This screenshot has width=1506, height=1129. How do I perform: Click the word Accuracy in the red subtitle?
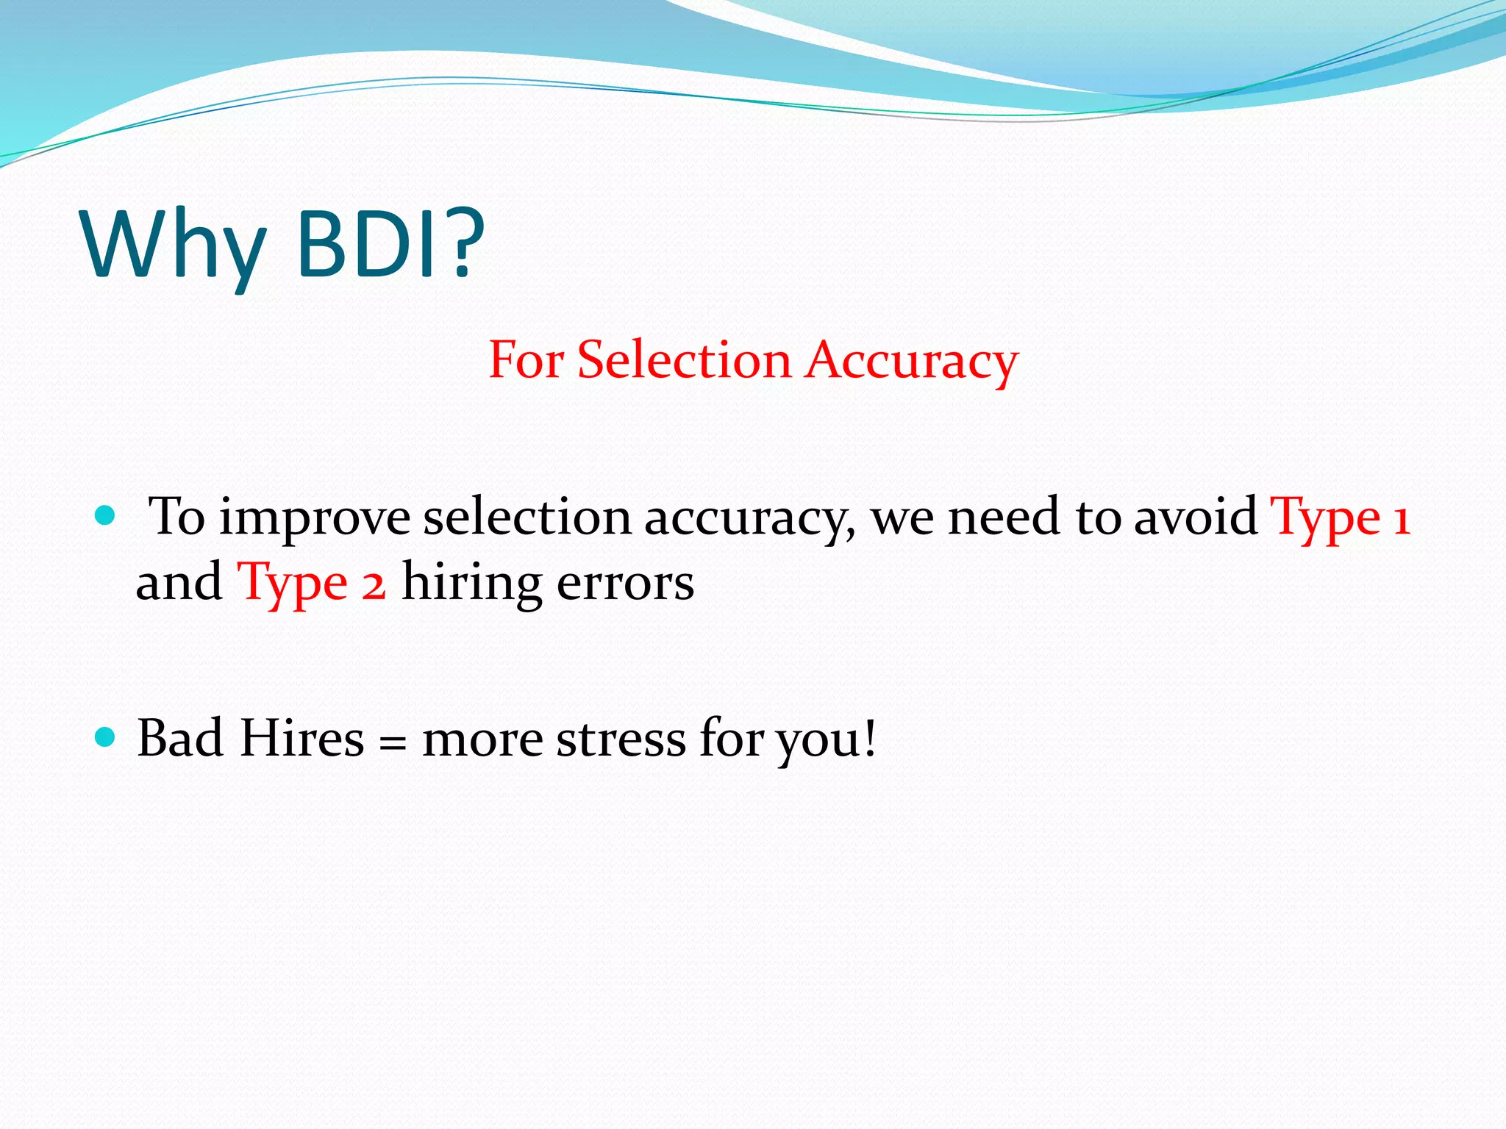912,362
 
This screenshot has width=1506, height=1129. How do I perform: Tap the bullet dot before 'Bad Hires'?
106,736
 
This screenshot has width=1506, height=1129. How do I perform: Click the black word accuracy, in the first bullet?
750,519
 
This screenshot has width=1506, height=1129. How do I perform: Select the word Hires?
302,738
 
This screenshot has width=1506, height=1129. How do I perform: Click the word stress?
621,739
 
